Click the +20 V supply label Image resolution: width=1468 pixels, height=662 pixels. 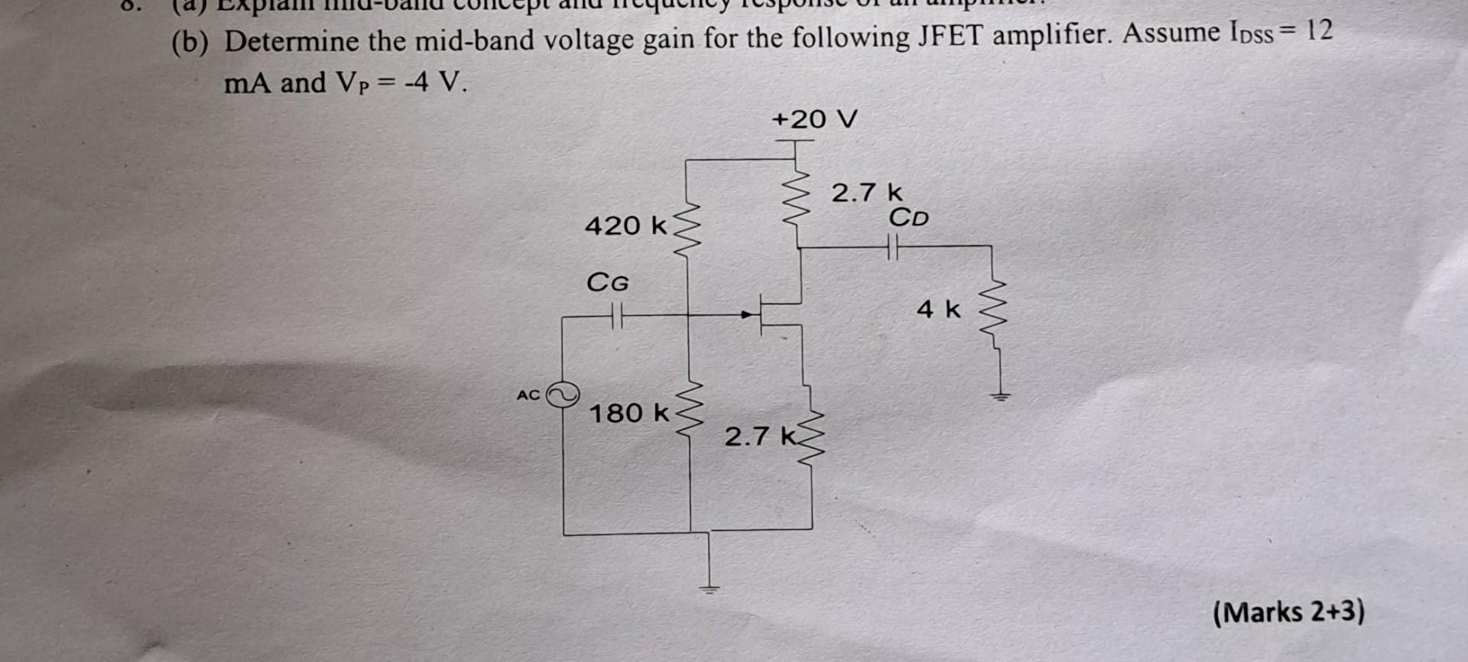pos(814,119)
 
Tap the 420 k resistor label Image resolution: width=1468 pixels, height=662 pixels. pos(625,226)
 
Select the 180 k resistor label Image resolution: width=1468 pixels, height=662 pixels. pos(628,414)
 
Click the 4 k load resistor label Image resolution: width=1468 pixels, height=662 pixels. pos(938,309)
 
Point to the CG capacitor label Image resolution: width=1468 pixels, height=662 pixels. pos(607,283)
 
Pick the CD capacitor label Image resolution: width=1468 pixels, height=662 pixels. pos(908,218)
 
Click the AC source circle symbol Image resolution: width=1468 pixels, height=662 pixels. pos(563,394)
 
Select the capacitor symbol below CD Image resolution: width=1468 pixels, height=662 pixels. pos(892,247)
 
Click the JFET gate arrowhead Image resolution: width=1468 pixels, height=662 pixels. pos(746,314)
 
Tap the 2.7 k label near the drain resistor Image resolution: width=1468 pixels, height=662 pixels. pos(866,192)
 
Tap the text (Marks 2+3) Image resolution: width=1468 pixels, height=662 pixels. pos(1288,612)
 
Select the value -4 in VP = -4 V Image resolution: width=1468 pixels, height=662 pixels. pos(416,82)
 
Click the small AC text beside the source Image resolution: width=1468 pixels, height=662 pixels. pos(528,395)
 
